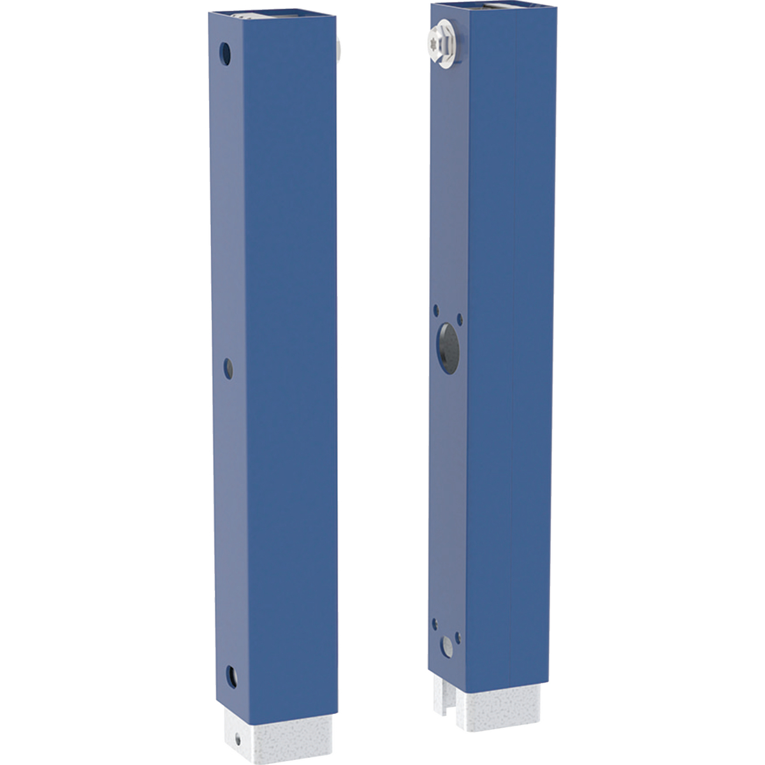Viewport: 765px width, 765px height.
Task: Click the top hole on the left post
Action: click(x=225, y=53)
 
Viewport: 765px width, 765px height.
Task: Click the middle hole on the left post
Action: click(x=228, y=368)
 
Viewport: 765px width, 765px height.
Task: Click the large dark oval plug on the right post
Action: click(x=447, y=347)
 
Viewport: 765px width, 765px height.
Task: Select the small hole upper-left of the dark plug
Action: click(x=436, y=312)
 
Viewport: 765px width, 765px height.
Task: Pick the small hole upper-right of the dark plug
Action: click(x=460, y=318)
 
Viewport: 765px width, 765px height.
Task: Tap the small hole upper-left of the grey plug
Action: click(x=435, y=620)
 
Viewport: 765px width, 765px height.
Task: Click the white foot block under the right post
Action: click(x=504, y=708)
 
